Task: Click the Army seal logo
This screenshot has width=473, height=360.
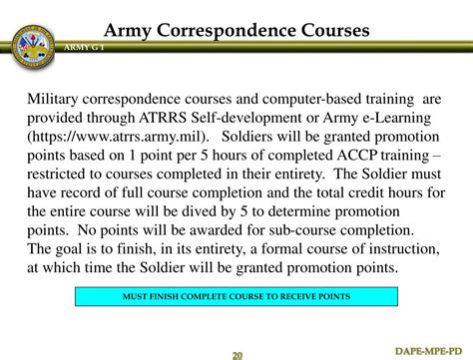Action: click(31, 45)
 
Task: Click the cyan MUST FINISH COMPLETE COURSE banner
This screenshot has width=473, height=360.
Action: click(236, 296)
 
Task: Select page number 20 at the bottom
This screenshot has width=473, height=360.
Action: click(236, 355)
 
